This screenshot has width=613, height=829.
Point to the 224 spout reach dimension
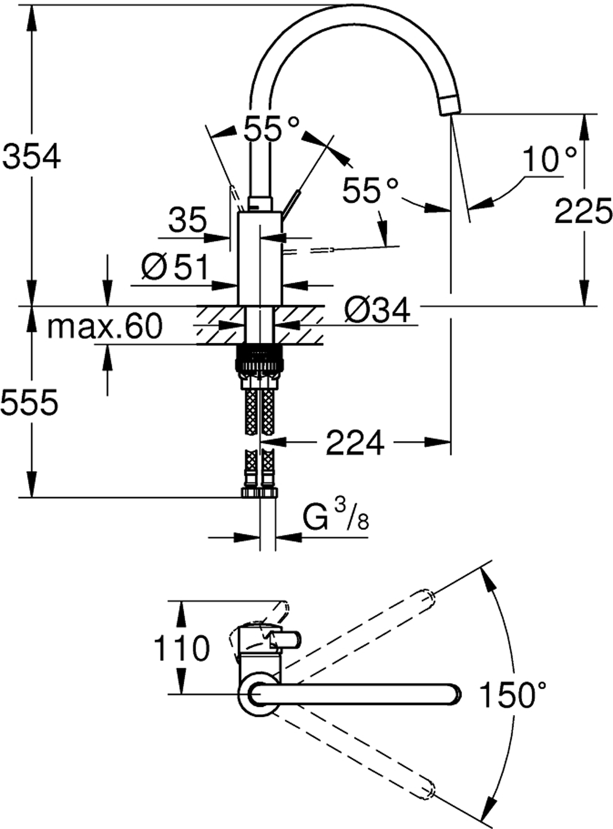click(x=355, y=442)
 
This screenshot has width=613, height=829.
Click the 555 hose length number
click(x=29, y=402)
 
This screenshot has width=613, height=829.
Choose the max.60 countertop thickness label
click(x=105, y=326)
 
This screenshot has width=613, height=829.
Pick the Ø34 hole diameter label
click(x=377, y=311)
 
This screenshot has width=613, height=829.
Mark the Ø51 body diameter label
click(x=174, y=267)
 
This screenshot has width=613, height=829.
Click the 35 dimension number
click(x=187, y=219)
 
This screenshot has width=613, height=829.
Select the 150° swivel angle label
click(x=513, y=695)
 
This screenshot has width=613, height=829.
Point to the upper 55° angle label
click(x=272, y=128)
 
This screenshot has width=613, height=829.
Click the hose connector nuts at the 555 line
click(x=259, y=492)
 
